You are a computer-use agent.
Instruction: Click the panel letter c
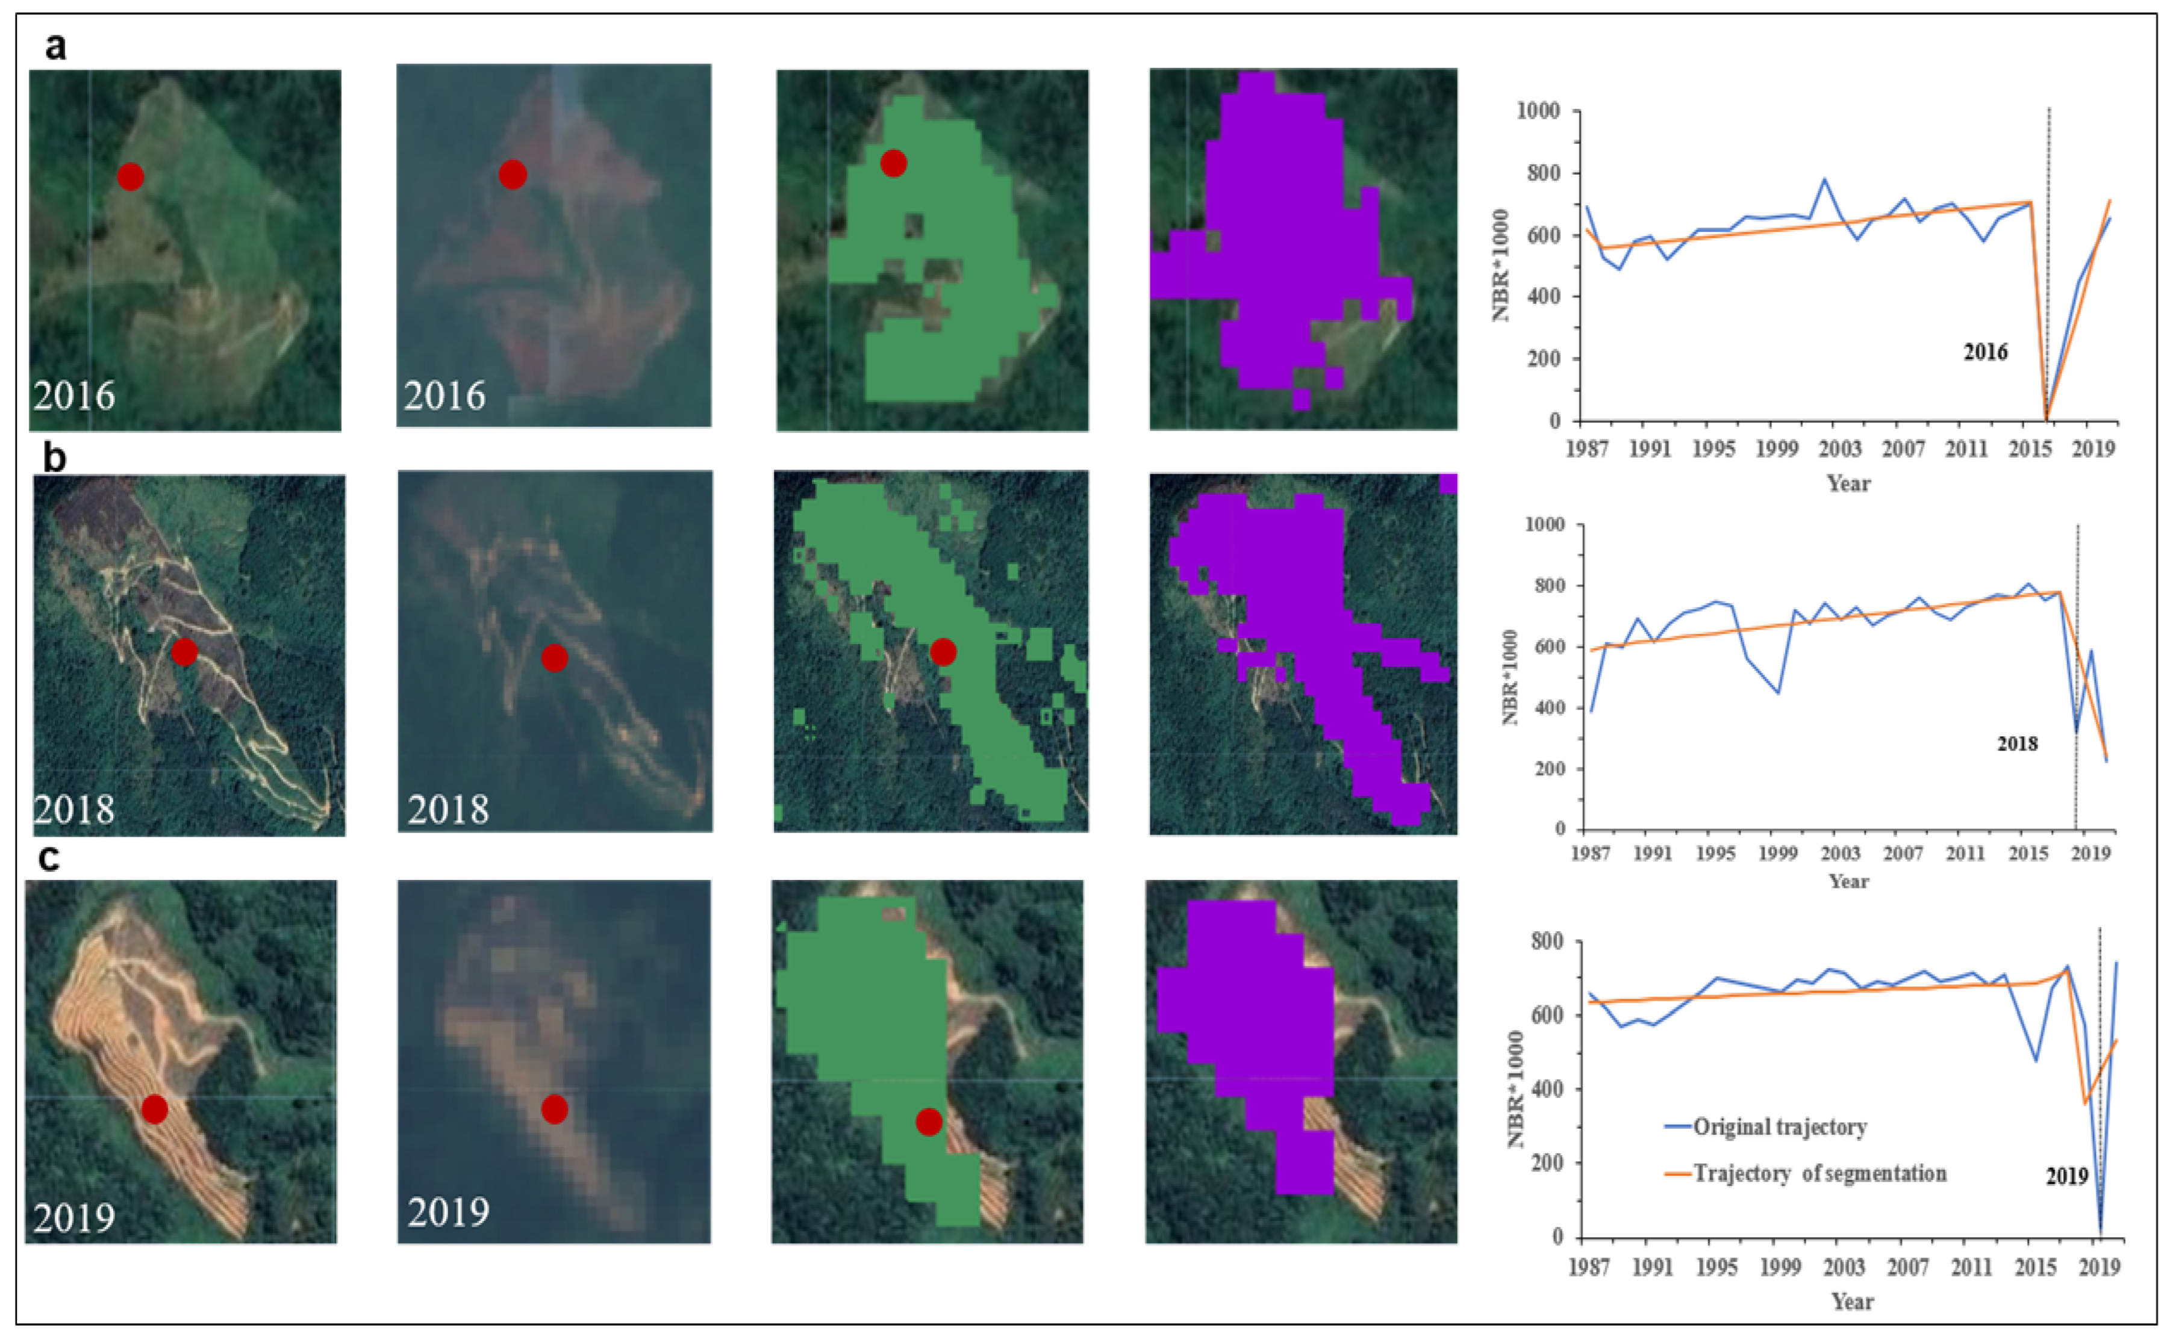point(49,858)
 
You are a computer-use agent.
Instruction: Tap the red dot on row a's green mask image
point(893,163)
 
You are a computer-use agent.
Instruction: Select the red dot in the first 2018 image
point(184,653)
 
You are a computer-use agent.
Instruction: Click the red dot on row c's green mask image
point(928,1122)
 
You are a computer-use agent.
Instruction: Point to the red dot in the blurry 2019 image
point(554,1109)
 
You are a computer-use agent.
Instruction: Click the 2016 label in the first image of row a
point(75,396)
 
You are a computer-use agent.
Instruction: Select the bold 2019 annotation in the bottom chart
point(2066,1176)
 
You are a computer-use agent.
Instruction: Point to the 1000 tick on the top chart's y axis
point(1538,111)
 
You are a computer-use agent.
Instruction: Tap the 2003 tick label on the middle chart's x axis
point(1839,854)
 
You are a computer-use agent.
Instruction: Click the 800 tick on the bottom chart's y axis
point(1547,941)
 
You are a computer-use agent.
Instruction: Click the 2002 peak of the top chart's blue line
point(1824,179)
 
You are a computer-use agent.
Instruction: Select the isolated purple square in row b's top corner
point(1447,483)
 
